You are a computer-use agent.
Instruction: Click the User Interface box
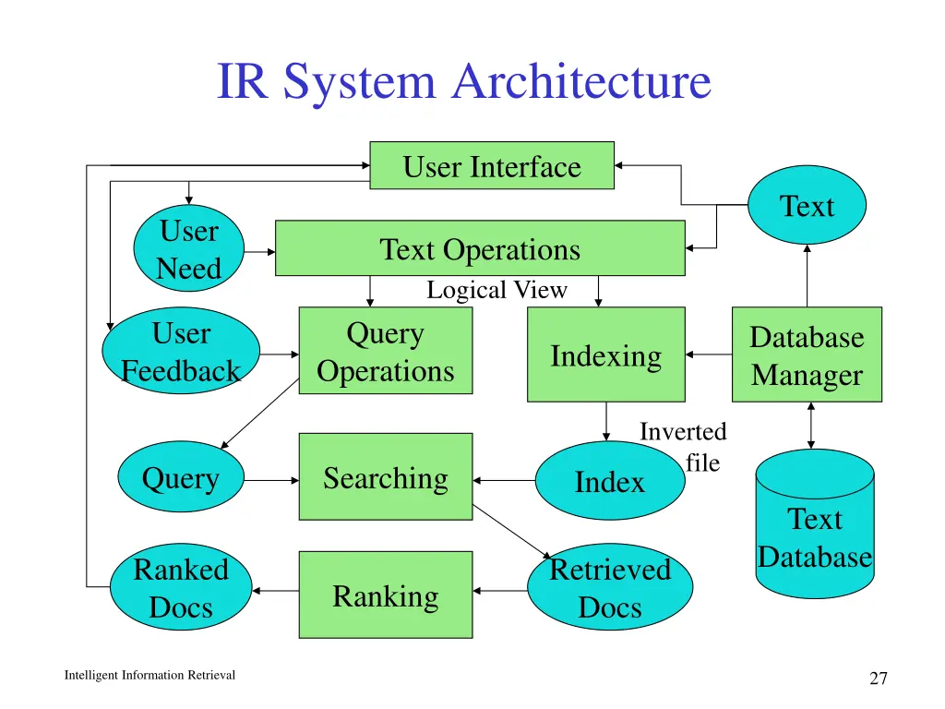click(491, 166)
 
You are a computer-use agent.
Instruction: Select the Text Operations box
click(480, 248)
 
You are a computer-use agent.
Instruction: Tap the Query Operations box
click(385, 351)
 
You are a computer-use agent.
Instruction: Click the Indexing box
click(605, 355)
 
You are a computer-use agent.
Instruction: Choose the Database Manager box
click(806, 355)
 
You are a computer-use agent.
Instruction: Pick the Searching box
click(385, 477)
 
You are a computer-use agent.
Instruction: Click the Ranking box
click(385, 595)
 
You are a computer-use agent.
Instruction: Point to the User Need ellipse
click(188, 249)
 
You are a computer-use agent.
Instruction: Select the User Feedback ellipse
click(181, 351)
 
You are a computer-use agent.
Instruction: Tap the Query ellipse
click(181, 477)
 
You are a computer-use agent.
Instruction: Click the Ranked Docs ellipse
click(181, 587)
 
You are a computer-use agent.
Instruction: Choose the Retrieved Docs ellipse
click(609, 587)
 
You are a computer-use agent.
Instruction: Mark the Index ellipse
click(609, 481)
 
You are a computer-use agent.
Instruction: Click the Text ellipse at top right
click(807, 206)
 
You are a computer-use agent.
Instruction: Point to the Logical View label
click(496, 290)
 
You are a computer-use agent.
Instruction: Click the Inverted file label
click(684, 447)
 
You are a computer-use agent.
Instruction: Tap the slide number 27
click(878, 679)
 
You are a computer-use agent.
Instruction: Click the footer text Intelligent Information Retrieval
click(150, 675)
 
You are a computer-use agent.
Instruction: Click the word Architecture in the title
click(581, 81)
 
